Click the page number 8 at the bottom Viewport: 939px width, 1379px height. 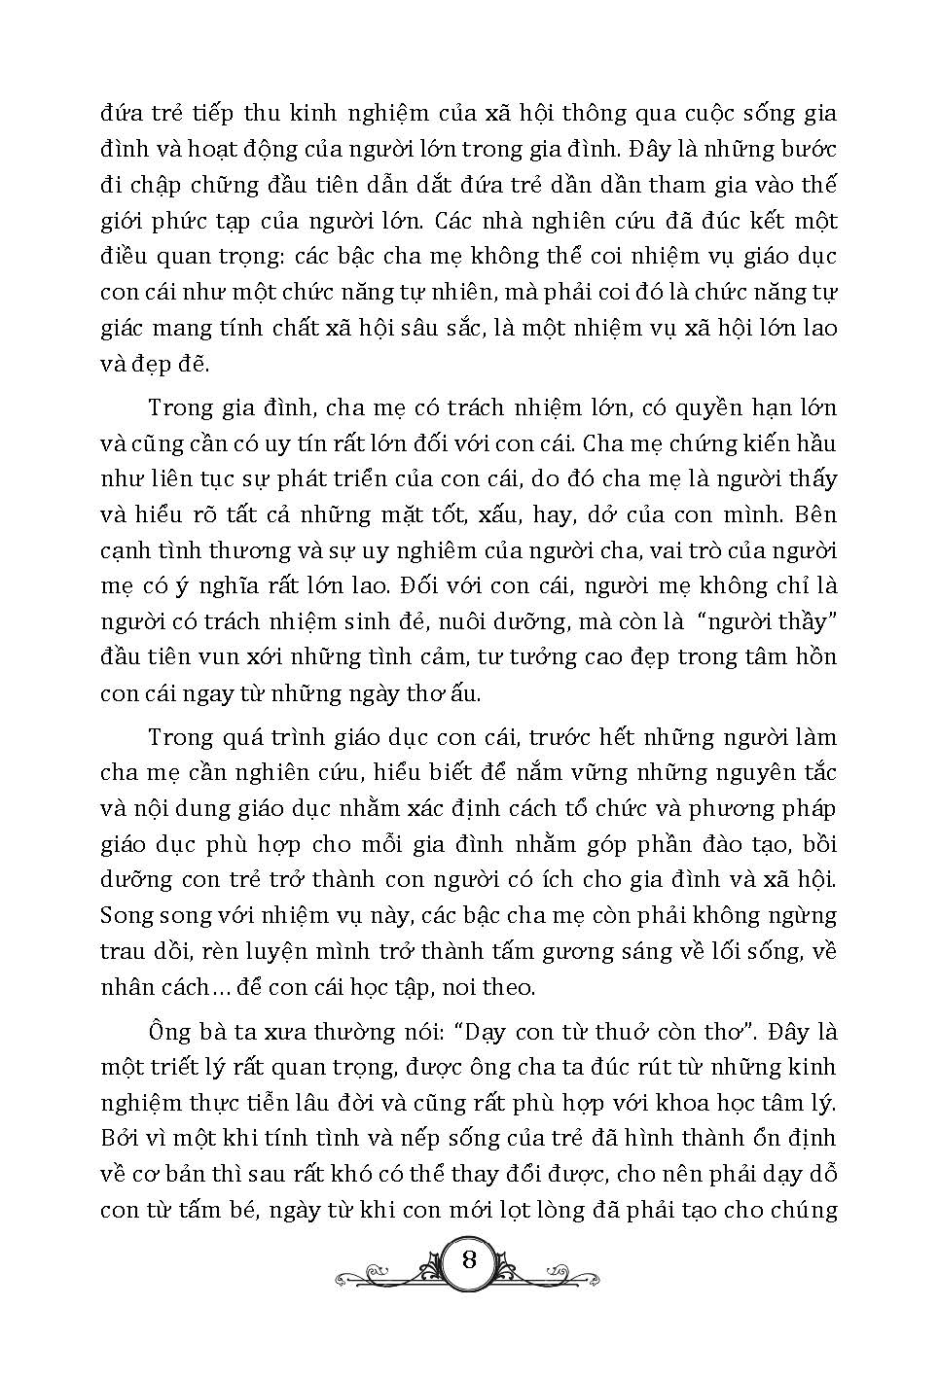[x=469, y=1260]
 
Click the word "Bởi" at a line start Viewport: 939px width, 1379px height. [x=120, y=1139]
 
